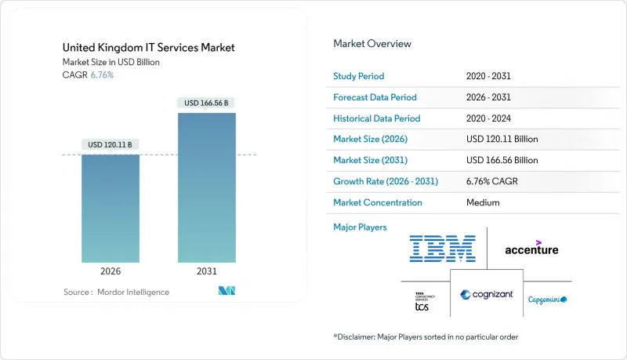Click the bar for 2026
click(x=111, y=208)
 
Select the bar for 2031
click(x=206, y=188)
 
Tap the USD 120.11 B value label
click(x=111, y=144)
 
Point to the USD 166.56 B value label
click(x=206, y=103)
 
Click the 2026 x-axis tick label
click(x=111, y=271)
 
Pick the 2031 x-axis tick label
click(x=206, y=271)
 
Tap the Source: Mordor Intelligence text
click(x=116, y=293)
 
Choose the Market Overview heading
click(x=372, y=43)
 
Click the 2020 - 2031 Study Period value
click(x=490, y=76)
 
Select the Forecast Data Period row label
click(x=375, y=97)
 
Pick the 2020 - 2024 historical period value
click(x=490, y=118)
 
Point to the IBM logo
click(x=443, y=249)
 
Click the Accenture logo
click(x=531, y=248)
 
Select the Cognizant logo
click(x=487, y=295)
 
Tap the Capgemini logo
click(x=547, y=300)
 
